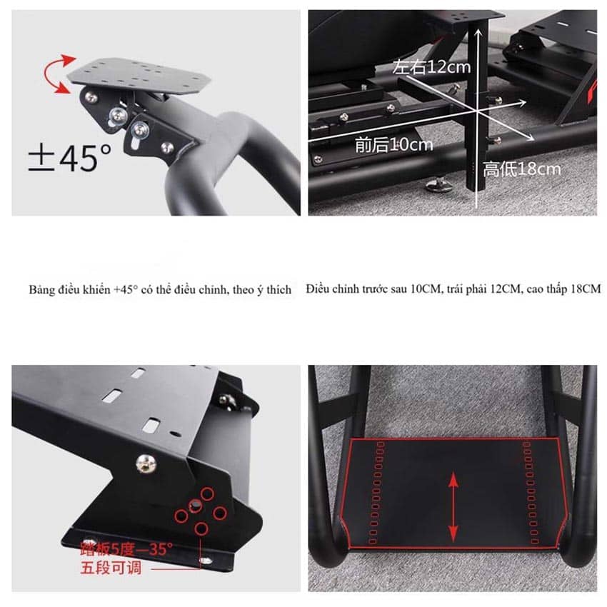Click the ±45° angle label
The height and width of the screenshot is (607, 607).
click(70, 158)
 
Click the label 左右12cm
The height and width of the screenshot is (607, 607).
click(431, 67)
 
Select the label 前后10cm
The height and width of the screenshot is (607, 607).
click(393, 145)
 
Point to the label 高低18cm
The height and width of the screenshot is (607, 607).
click(521, 169)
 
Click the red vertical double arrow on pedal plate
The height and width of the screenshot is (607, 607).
click(453, 508)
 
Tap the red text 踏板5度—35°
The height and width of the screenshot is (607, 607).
click(126, 549)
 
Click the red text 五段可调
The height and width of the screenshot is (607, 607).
click(111, 568)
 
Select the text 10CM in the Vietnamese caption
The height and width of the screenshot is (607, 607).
click(426, 289)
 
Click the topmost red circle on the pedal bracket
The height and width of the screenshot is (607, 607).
click(207, 494)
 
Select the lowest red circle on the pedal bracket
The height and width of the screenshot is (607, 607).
click(201, 528)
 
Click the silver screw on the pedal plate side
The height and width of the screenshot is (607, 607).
click(146, 463)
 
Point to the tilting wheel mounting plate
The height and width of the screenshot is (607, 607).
click(139, 76)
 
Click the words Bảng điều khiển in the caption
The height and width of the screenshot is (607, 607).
click(70, 290)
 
